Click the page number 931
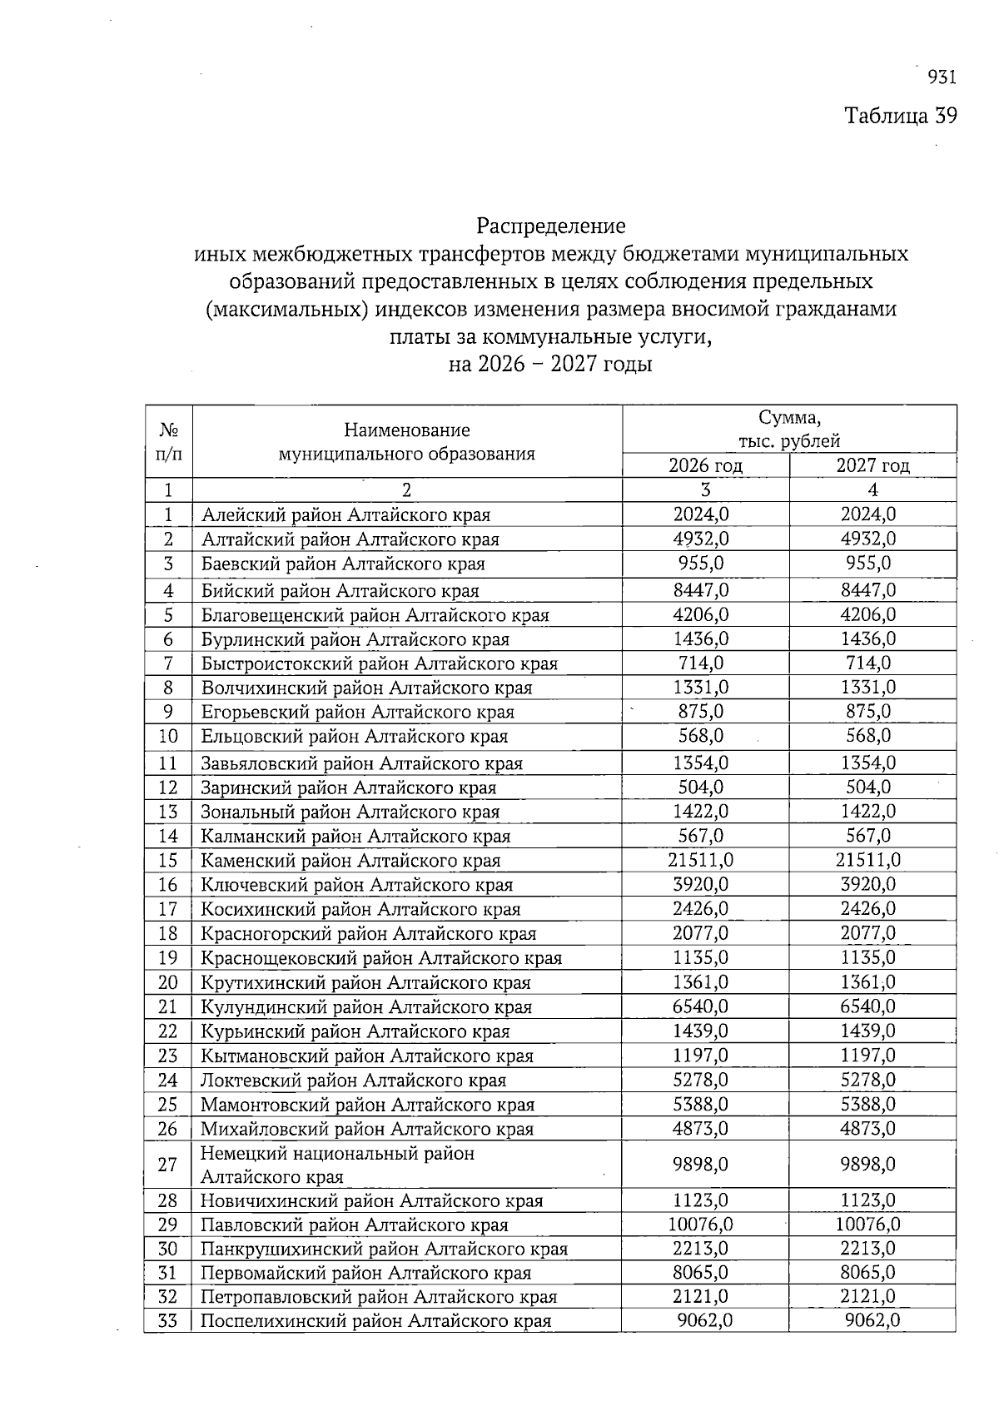click(941, 77)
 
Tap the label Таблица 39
click(901, 115)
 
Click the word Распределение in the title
click(550, 226)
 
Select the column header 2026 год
click(705, 465)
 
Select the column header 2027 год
click(872, 465)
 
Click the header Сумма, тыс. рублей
click(789, 429)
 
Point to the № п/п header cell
click(168, 441)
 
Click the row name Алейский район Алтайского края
click(345, 515)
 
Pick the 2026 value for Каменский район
click(701, 860)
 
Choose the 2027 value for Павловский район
click(867, 1225)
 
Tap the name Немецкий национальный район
click(337, 1154)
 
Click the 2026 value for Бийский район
click(701, 590)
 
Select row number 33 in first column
click(168, 1321)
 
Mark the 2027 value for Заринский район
click(867, 787)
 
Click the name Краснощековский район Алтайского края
click(381, 958)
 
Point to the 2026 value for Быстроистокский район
click(701, 663)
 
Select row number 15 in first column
click(168, 860)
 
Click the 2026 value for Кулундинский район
click(701, 1006)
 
